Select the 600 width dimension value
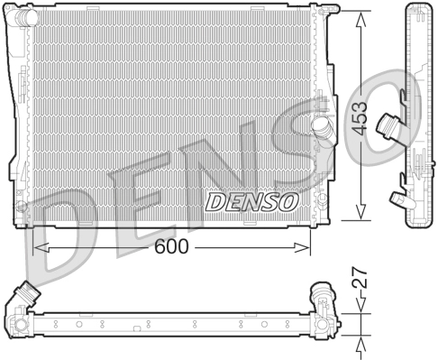click(x=171, y=245)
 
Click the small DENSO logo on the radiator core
click(x=250, y=201)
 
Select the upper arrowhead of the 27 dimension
click(x=360, y=304)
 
